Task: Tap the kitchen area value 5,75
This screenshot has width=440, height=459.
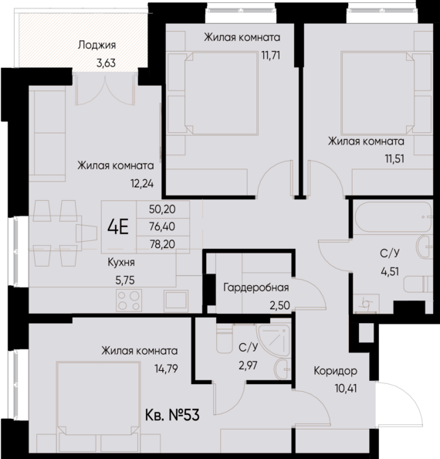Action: pos(126,280)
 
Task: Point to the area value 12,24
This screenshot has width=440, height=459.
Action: pos(143,183)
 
